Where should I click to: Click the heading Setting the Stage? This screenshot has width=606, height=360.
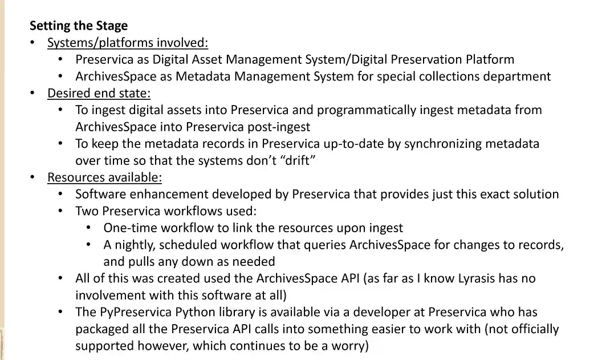point(79,26)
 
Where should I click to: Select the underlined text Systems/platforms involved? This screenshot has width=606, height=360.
point(128,43)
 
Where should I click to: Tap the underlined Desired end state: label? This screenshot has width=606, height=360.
point(99,93)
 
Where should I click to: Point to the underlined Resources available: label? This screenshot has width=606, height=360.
point(104,177)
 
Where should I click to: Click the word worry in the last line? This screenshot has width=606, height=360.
point(348,346)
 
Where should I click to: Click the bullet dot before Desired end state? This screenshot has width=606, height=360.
point(33,93)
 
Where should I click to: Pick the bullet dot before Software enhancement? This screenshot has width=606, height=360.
point(61,195)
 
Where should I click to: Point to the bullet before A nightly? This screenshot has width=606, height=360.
point(89,245)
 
